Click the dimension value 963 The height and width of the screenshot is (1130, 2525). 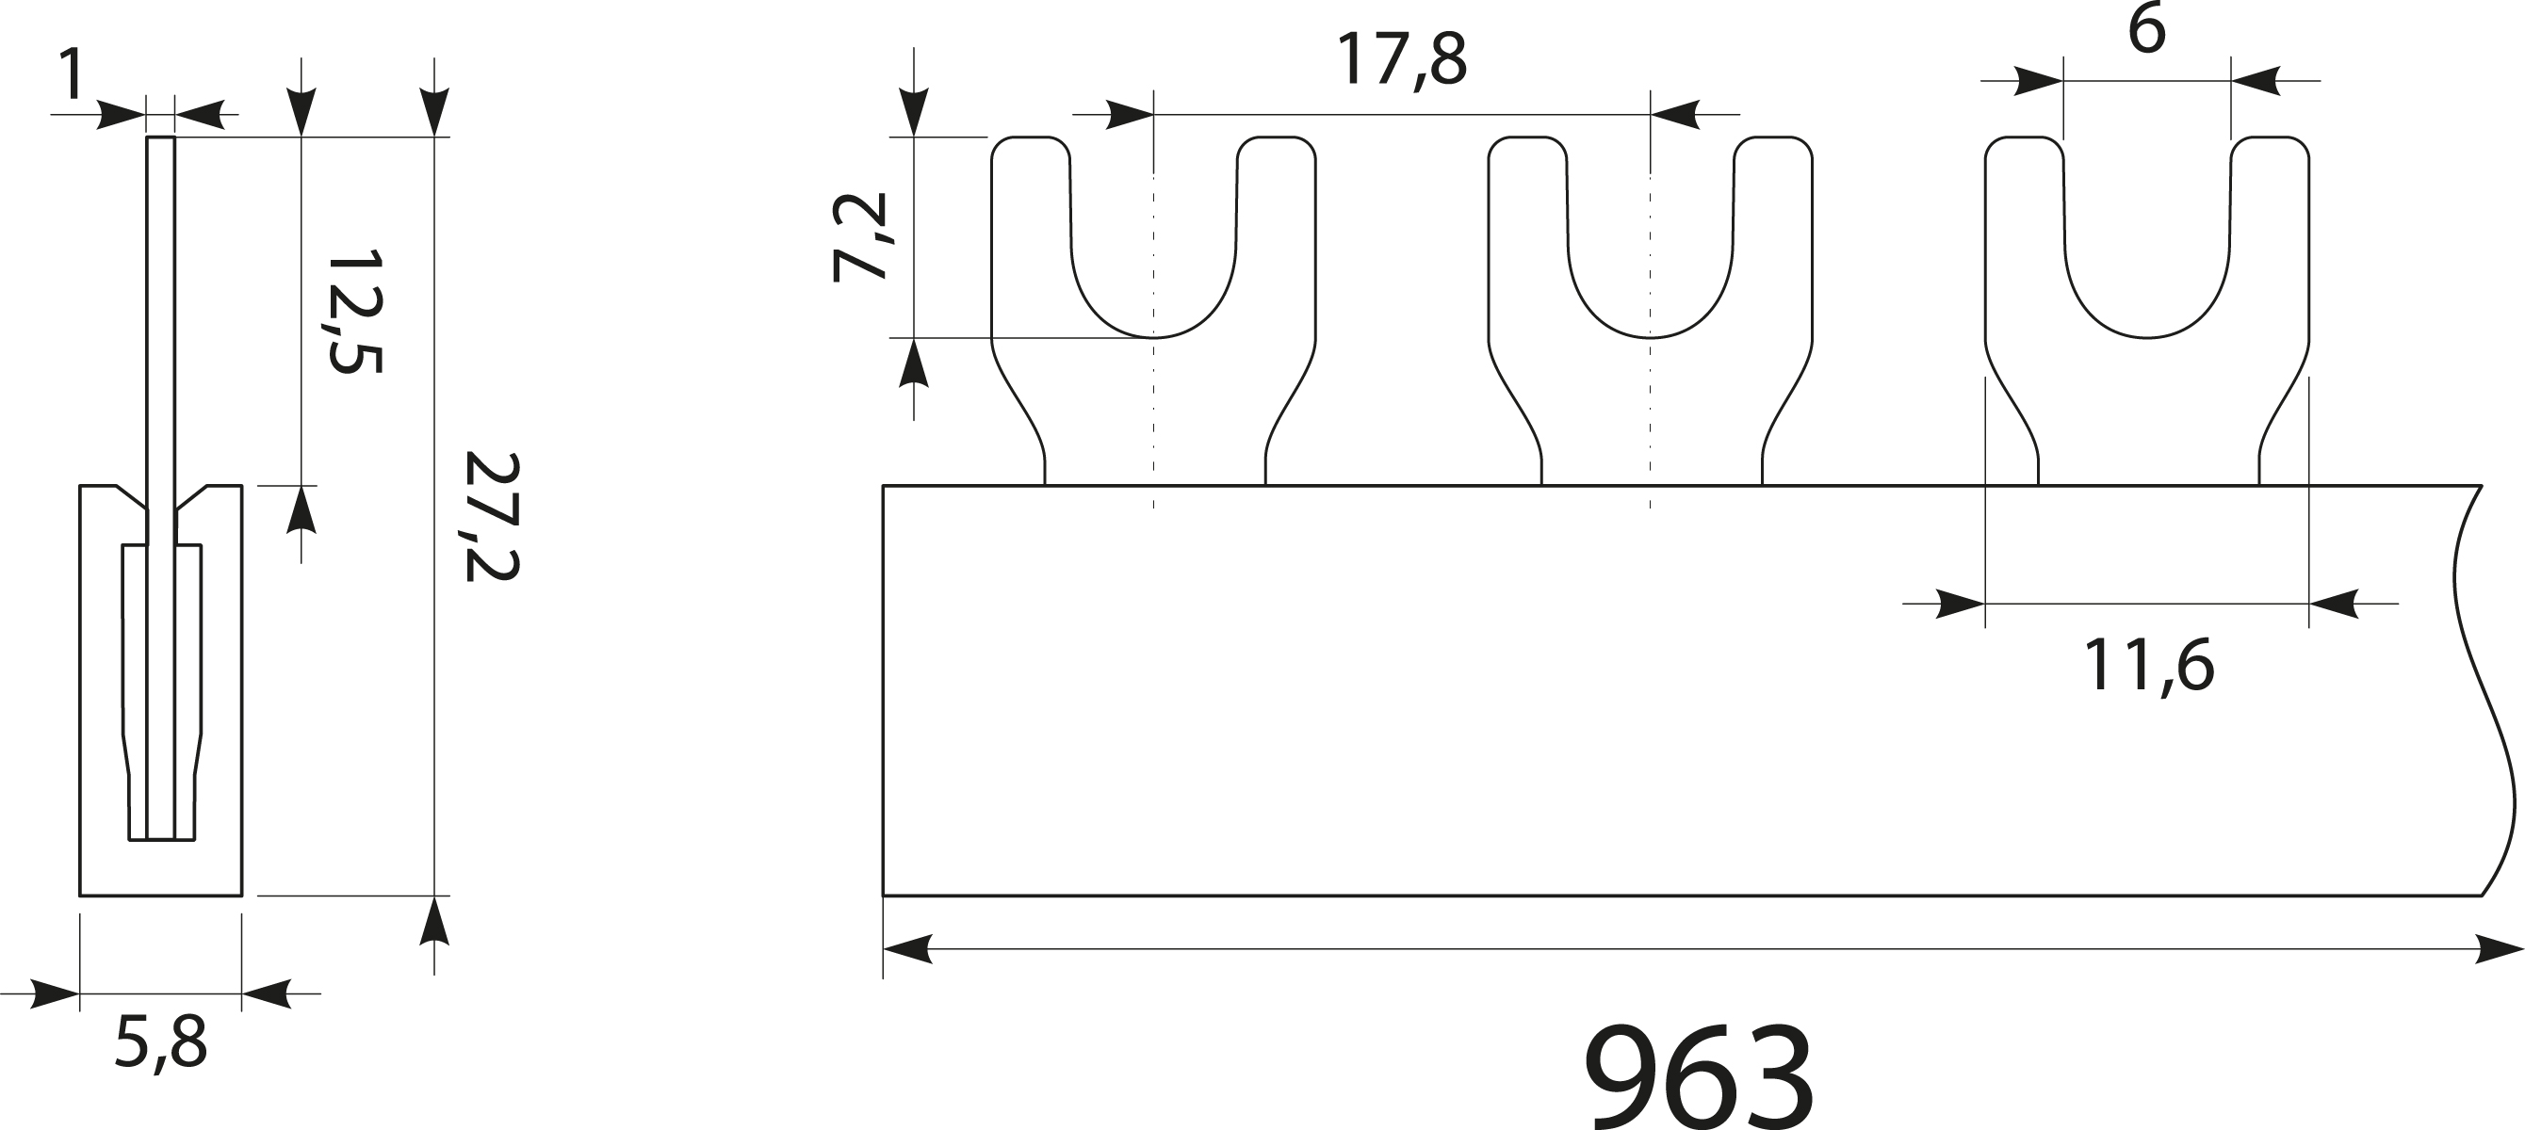click(1698, 1077)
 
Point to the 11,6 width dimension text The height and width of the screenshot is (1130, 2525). click(2147, 668)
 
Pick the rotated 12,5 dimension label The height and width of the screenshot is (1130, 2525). click(354, 311)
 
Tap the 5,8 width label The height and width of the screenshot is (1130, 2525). click(161, 1044)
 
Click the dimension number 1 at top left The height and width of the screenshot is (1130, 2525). click(71, 73)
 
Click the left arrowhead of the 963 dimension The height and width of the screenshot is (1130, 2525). click(907, 948)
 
